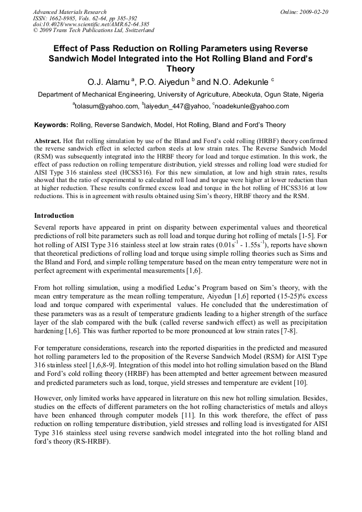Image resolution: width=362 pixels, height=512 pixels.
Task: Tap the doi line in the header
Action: pos(91,24)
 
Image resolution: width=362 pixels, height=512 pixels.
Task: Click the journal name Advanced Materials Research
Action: pos(69,11)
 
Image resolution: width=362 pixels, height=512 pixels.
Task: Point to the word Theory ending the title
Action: pos(180,69)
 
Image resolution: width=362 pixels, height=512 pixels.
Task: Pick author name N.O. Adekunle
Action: pos(241,82)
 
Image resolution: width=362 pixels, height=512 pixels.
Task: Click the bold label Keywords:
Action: pos(51,125)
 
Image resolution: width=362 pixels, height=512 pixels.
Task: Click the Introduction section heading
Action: pos(54,216)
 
